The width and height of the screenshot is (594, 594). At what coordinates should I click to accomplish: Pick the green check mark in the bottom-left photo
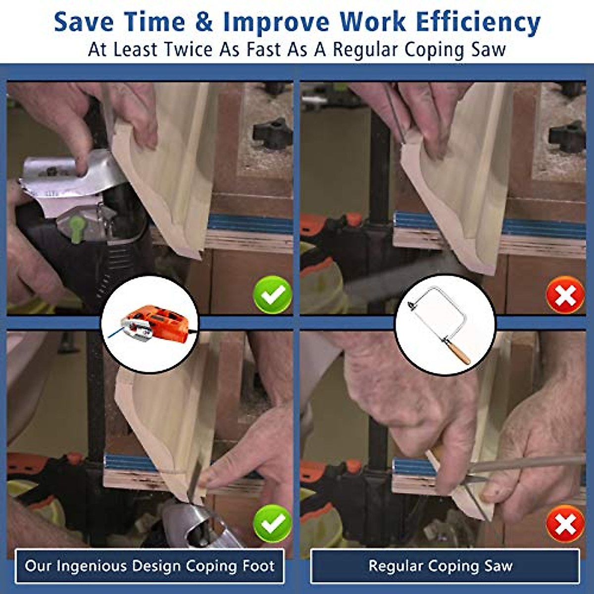pos(272,523)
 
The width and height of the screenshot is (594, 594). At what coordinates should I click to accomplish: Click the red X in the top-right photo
pos(565,295)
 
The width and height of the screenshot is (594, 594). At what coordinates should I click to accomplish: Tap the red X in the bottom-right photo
pos(565,523)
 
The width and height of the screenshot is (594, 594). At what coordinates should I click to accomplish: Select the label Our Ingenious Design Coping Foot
pos(149,566)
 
